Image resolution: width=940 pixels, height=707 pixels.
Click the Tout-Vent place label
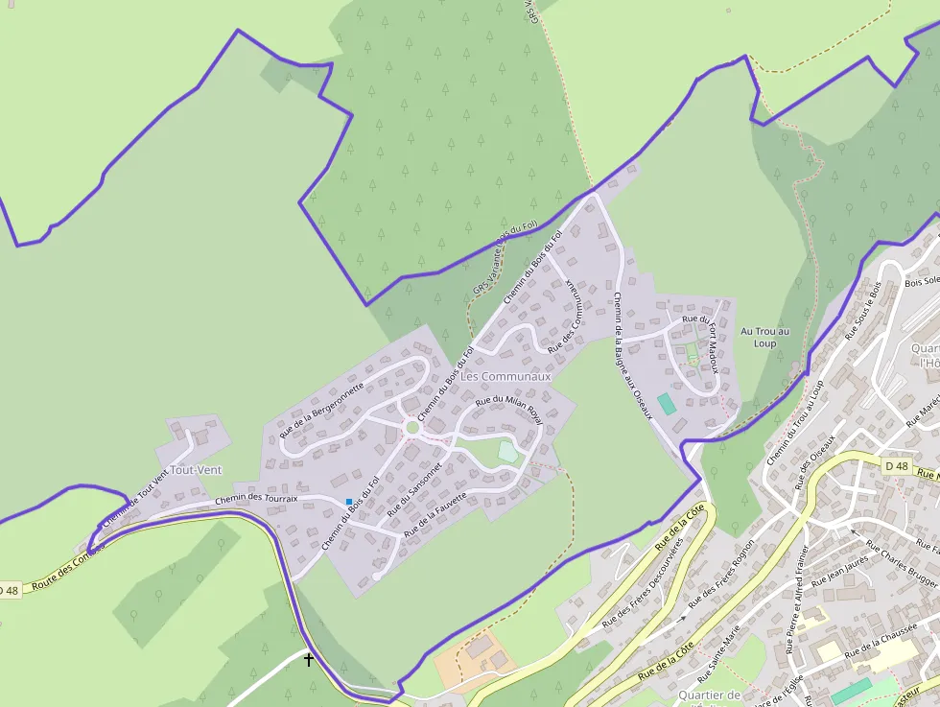tap(195, 470)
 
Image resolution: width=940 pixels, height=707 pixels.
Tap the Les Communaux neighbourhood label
tap(506, 377)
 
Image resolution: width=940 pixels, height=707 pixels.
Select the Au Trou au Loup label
tap(764, 337)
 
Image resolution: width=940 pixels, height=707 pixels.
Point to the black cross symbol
tap(309, 660)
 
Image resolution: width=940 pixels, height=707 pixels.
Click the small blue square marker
tap(349, 501)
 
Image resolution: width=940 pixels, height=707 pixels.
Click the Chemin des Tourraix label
tap(256, 499)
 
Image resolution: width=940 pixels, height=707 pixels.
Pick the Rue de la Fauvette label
tap(435, 513)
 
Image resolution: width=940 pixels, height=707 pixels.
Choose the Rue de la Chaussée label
tap(878, 640)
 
